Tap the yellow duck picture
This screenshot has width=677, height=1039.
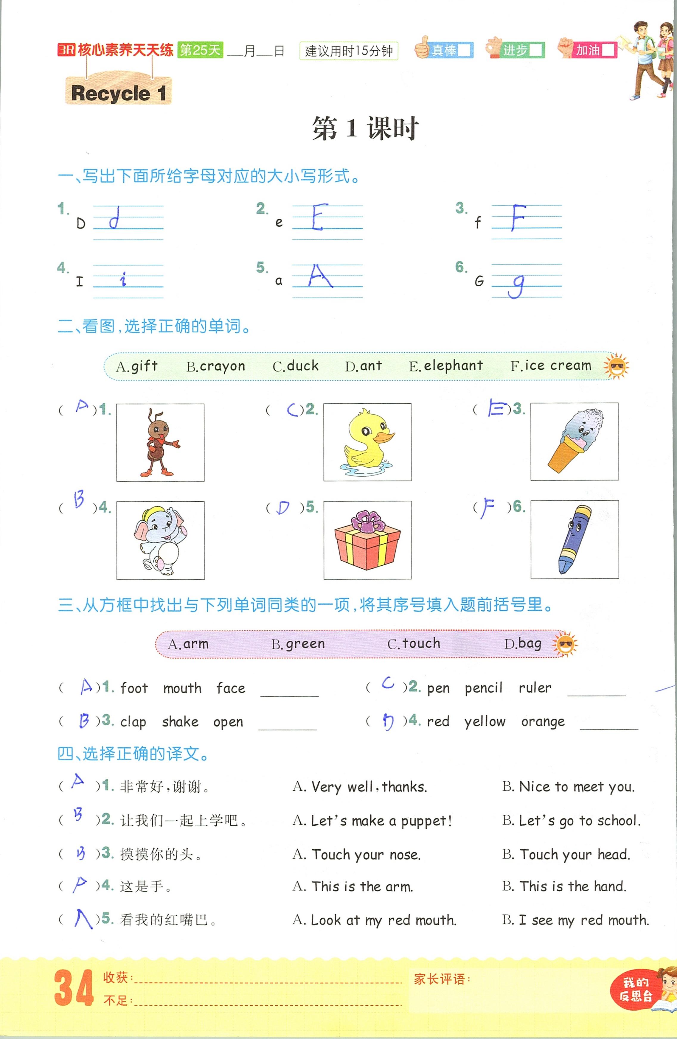(367, 442)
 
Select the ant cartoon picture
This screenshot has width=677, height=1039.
(160, 442)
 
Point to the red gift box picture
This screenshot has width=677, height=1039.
(367, 540)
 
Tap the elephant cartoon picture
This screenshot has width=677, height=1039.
(160, 540)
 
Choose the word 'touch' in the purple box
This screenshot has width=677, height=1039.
(421, 643)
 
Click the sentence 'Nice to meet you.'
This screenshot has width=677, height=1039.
(577, 787)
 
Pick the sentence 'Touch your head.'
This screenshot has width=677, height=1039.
(574, 854)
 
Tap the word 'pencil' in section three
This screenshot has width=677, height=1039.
(484, 688)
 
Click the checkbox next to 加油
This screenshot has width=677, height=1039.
(608, 50)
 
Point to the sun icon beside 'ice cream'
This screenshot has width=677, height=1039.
(616, 366)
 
